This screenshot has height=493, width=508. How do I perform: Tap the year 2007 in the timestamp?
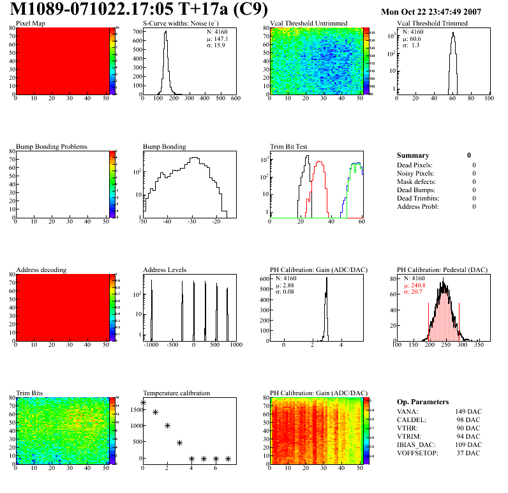pyautogui.click(x=470, y=11)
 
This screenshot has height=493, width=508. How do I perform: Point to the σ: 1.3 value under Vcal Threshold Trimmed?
pyautogui.click(x=410, y=45)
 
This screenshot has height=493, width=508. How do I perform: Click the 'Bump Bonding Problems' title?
pyautogui.click(x=52, y=146)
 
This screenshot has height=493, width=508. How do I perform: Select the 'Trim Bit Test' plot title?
pyautogui.click(x=289, y=146)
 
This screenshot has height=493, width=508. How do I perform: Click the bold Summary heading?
pyautogui.click(x=413, y=155)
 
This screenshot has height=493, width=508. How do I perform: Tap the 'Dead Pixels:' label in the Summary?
pyautogui.click(x=415, y=165)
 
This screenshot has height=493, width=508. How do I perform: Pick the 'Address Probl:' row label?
pyautogui.click(x=418, y=206)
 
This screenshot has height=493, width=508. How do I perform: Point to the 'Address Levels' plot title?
pyautogui.click(x=165, y=270)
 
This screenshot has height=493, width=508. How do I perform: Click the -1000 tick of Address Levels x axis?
pyautogui.click(x=151, y=345)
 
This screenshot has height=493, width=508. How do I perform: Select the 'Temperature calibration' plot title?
pyautogui.click(x=176, y=393)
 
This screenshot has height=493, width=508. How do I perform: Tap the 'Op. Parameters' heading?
pyautogui.click(x=422, y=402)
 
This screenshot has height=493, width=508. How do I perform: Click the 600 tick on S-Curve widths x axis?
pyautogui.click(x=235, y=98)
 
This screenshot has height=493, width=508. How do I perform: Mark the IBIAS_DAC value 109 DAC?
pyautogui.click(x=470, y=444)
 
